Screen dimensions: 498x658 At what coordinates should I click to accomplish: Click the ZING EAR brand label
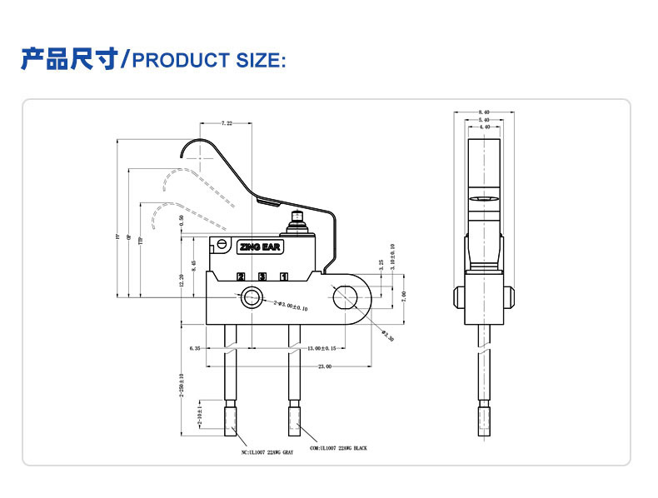262,247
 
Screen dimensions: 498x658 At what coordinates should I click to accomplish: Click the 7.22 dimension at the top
227,123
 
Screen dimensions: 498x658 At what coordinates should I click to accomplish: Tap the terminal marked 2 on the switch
241,276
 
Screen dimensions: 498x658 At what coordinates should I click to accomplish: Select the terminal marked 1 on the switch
284,276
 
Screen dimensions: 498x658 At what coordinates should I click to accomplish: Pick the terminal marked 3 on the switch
262,276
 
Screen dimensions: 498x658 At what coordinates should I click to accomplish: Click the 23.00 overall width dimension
324,366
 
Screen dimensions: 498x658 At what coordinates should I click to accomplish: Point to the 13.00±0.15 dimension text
317,347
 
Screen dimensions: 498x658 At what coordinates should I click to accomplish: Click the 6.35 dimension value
195,347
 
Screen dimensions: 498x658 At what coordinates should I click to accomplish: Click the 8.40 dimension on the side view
484,111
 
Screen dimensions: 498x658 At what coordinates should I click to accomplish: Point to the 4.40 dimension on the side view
484,127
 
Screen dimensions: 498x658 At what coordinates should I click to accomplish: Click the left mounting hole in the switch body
252,297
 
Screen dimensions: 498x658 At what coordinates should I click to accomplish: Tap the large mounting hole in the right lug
344,296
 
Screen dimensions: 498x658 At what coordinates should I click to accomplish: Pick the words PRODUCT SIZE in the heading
209,61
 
